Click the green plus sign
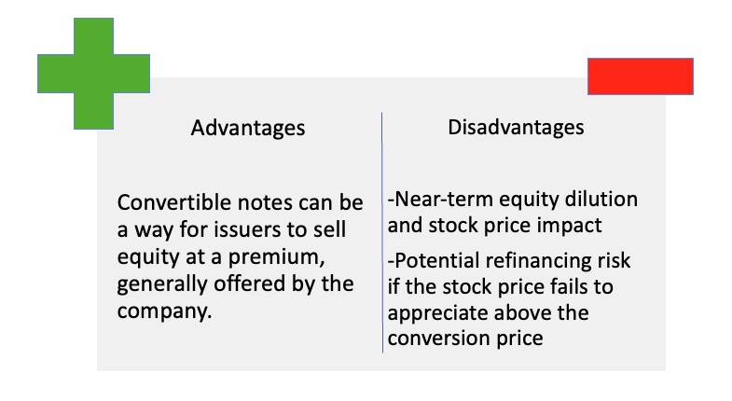click(x=93, y=74)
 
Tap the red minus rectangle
click(x=641, y=76)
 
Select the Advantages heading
click(x=248, y=128)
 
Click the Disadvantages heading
click(x=516, y=128)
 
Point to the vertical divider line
click(x=382, y=232)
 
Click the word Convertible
click(x=174, y=202)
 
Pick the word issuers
click(x=233, y=229)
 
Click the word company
click(x=164, y=311)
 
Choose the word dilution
click(x=601, y=200)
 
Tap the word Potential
click(x=434, y=260)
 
